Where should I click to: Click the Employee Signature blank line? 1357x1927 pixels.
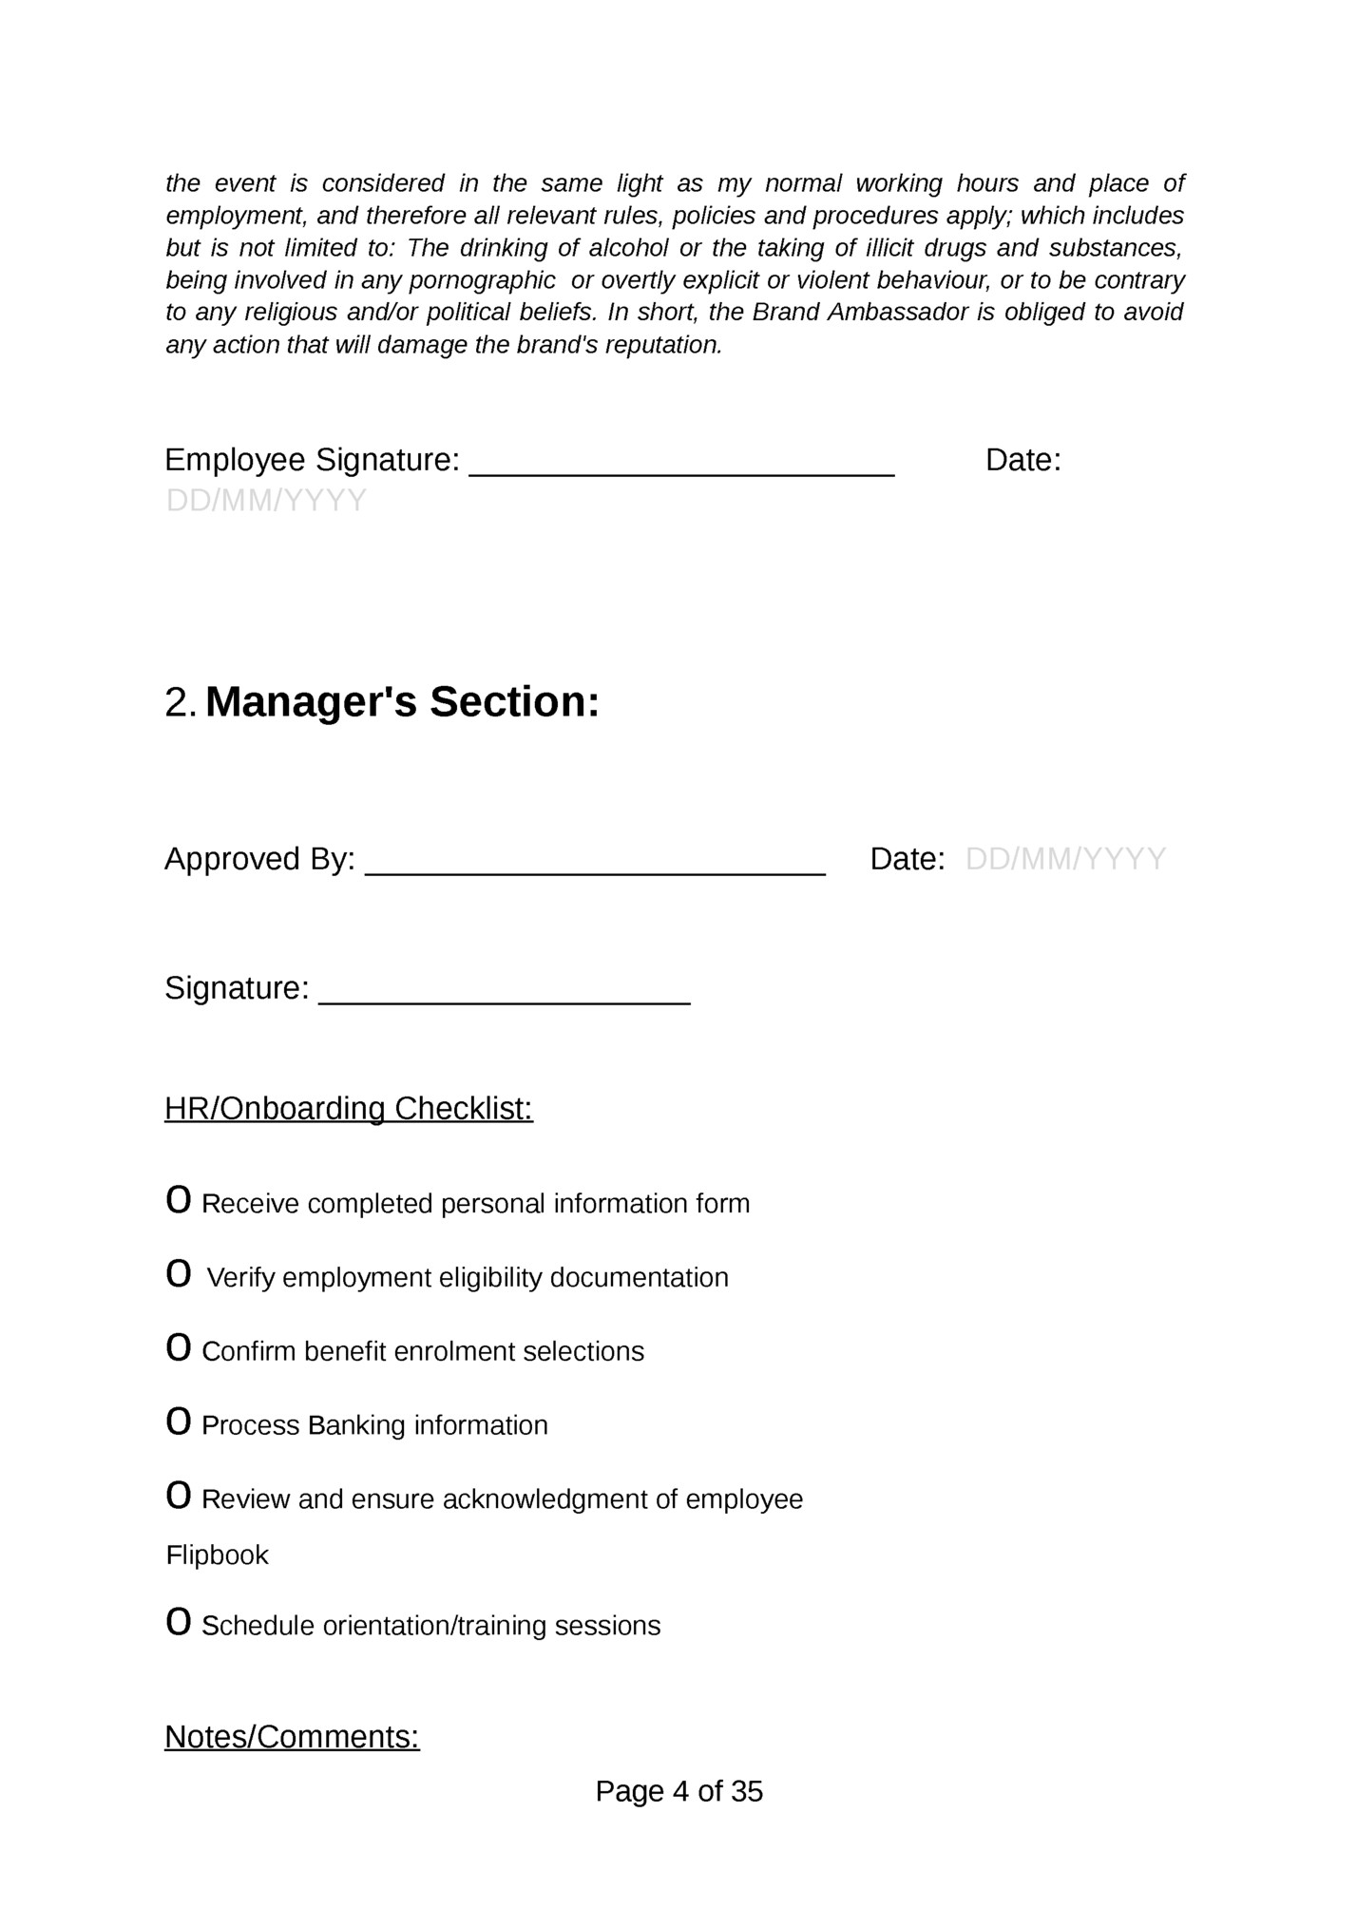tap(681, 466)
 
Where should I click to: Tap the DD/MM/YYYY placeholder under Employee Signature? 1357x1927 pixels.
tap(266, 501)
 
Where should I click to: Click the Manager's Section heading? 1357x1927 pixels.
tap(402, 702)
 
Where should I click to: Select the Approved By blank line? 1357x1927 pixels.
tap(595, 865)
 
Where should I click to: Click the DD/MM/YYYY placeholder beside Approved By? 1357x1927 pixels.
tap(1065, 859)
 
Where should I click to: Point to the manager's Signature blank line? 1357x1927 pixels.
tap(504, 994)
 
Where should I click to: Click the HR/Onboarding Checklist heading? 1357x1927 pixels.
tap(349, 1109)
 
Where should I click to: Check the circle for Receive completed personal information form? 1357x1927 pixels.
tap(178, 1200)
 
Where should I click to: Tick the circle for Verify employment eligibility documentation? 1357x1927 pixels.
tap(178, 1274)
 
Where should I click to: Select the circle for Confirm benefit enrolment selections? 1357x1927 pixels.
tap(178, 1348)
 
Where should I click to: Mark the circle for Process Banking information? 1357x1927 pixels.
tap(178, 1422)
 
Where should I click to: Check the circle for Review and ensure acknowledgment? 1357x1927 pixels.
tap(178, 1497)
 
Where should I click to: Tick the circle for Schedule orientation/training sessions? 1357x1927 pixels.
tap(178, 1623)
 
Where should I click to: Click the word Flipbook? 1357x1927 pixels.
tap(218, 1555)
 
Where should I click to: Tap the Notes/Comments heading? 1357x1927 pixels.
tap(292, 1737)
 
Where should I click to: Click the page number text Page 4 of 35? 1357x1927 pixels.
tap(678, 1791)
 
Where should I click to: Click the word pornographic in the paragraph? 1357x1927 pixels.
tap(483, 280)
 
